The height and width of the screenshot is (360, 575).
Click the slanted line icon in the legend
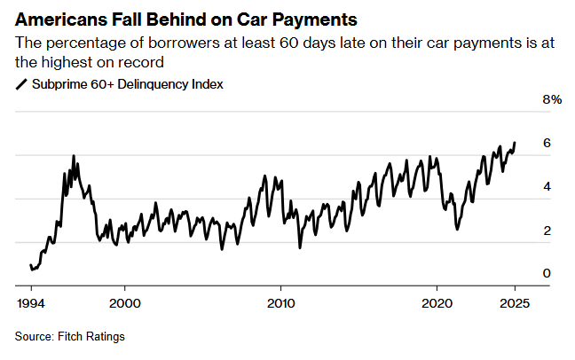[20, 85]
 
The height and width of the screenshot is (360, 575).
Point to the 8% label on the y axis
[551, 100]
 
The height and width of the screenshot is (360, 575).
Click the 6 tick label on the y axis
[547, 144]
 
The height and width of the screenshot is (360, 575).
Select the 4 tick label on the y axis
[547, 187]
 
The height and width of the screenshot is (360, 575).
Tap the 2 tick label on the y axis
[547, 231]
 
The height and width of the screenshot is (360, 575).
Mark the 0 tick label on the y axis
[547, 274]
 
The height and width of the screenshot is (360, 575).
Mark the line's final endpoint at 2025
[515, 143]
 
